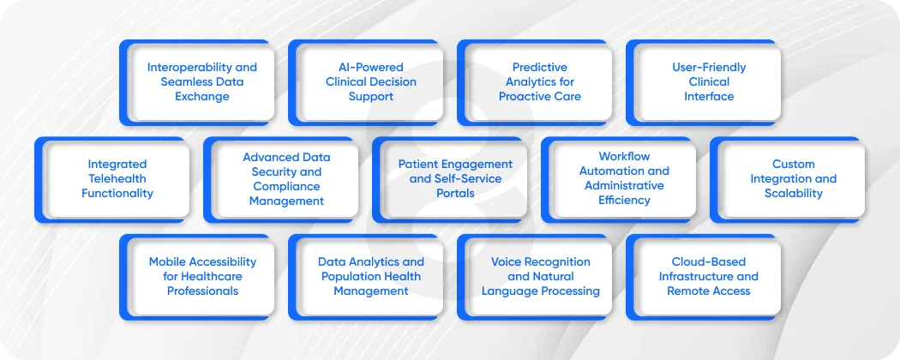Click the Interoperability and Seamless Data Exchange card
(197, 82)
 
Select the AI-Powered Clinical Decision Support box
(366, 82)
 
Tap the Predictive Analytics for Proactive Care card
(534, 82)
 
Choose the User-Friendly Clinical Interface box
(703, 82)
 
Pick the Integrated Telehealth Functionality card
(112, 180)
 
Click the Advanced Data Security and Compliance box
(280, 180)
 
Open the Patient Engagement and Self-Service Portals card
(449, 180)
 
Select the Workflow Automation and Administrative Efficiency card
(619, 180)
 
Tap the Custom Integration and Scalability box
(788, 180)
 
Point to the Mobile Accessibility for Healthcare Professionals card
(197, 277)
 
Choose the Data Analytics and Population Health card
(366, 277)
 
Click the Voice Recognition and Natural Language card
(534, 277)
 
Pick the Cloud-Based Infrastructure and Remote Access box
(703, 277)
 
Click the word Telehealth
(117, 178)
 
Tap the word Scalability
(793, 194)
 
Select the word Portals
(455, 194)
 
